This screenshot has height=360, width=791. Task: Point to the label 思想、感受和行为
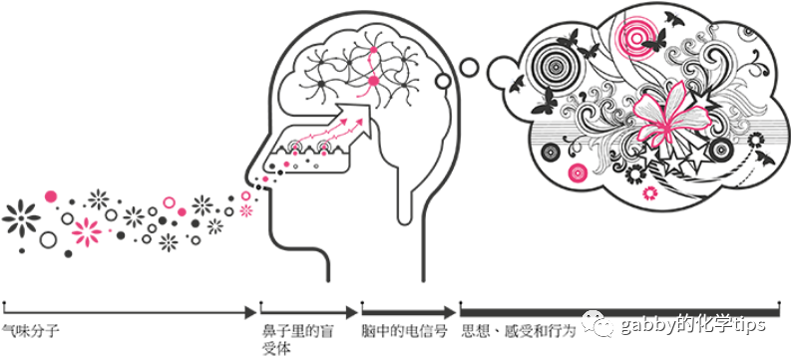(518, 328)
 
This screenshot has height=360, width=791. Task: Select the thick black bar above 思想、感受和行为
(618, 312)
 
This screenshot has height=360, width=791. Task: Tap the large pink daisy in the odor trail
(87, 232)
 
